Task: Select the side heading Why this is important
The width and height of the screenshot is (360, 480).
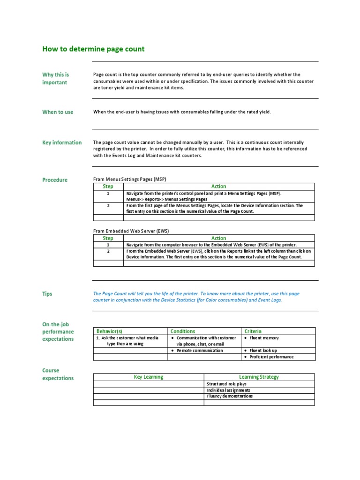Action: [x=55, y=78]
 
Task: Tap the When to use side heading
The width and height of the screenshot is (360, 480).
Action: [x=58, y=112]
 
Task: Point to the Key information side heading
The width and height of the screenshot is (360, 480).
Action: [x=62, y=142]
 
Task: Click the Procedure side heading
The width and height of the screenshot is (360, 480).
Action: [x=55, y=180]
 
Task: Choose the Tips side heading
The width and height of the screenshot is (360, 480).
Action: [x=47, y=294]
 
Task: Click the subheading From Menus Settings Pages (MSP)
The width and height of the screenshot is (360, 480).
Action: [x=130, y=179]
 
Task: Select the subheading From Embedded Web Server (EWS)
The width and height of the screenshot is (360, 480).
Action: [x=131, y=231]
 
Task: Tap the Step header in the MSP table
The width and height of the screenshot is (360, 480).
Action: [x=108, y=187]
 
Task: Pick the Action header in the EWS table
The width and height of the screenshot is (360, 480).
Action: [x=218, y=238]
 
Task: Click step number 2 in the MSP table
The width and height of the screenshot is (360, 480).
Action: [x=108, y=206]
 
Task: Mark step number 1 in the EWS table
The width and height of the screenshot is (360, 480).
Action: [x=108, y=245]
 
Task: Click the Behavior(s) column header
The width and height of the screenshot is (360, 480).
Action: [x=109, y=331]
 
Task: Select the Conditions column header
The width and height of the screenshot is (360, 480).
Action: [x=183, y=331]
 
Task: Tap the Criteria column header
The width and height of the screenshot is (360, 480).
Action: [x=253, y=331]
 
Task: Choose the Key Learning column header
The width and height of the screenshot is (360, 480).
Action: [x=149, y=377]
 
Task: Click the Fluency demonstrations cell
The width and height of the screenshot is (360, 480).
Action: [x=230, y=396]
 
